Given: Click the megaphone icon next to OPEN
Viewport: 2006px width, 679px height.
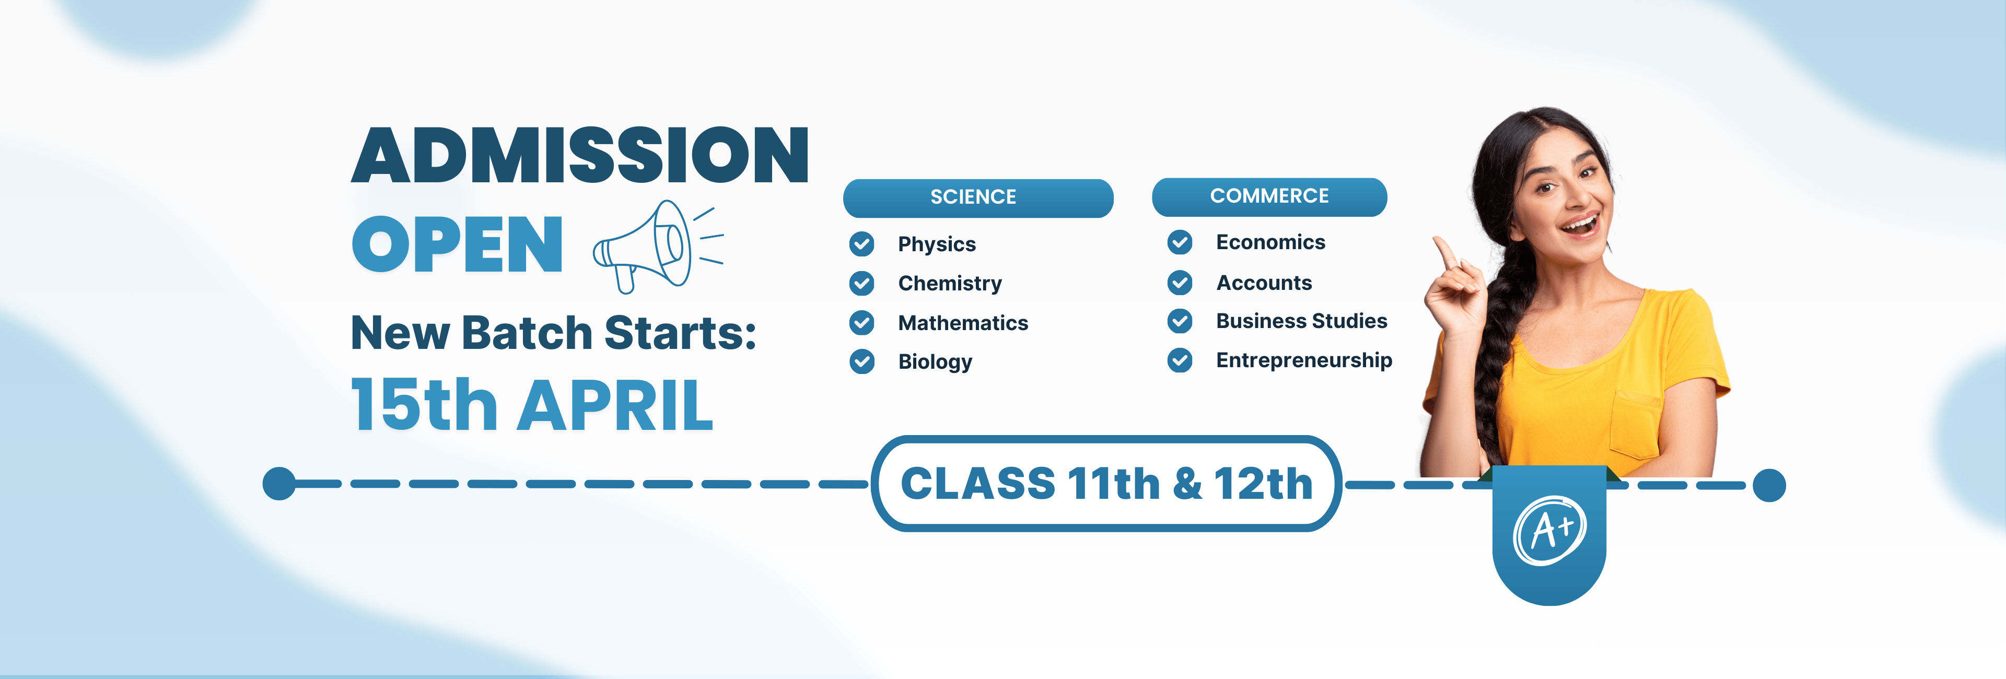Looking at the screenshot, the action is click(x=658, y=246).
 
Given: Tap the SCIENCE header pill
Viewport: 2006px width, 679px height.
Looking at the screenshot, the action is click(x=977, y=198).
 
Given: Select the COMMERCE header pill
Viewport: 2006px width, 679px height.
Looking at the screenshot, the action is click(x=1269, y=197).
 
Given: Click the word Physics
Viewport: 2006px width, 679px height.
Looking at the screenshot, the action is click(x=937, y=244).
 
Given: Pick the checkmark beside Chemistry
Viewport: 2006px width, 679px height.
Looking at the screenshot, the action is click(x=861, y=284).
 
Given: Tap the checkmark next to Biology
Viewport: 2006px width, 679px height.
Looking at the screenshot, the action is click(x=861, y=361).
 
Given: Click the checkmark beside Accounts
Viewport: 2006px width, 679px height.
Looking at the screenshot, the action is click(x=1180, y=283).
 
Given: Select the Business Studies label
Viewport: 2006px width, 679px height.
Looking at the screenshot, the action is click(x=1302, y=321).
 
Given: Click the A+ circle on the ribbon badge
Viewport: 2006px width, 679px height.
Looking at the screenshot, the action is click(x=1549, y=530).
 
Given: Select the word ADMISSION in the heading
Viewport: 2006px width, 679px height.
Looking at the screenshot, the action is click(x=580, y=156).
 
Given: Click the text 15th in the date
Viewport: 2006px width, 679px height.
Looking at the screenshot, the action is click(x=424, y=404).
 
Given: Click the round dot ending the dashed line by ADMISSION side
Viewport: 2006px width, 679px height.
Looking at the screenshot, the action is click(x=279, y=484).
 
